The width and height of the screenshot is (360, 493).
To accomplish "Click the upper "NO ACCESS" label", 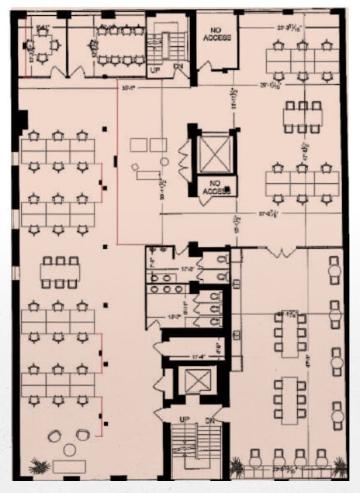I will (220, 34).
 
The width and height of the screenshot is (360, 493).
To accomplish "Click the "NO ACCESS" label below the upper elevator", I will (216, 188).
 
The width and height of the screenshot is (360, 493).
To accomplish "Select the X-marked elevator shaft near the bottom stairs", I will (197, 382).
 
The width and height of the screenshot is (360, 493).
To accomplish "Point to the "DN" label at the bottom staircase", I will (211, 420).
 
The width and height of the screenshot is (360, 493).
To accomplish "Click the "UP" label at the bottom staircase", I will (183, 420).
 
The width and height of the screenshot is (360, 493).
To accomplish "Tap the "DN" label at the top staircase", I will (177, 67).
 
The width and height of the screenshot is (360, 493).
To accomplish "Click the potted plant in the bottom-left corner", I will (39, 466).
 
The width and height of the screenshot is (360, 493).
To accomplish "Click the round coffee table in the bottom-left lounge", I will (69, 449).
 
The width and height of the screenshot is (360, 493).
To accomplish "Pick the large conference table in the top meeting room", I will (119, 45).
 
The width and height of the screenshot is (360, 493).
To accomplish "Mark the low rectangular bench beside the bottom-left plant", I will (67, 466).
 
